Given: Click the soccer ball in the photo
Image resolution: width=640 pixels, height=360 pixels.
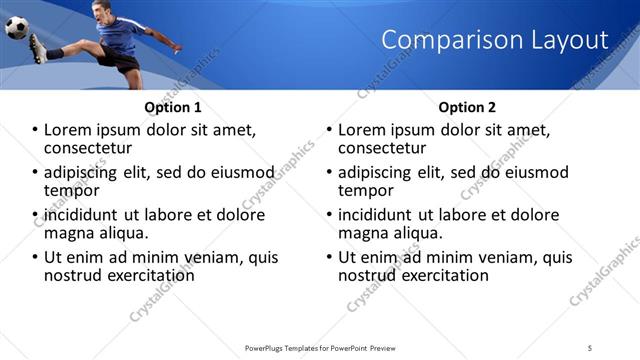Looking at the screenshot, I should pyautogui.click(x=17, y=27).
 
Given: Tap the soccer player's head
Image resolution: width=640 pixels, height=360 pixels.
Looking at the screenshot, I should pyautogui.click(x=98, y=11).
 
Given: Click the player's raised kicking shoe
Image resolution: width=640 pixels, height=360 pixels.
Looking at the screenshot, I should pyautogui.click(x=36, y=47).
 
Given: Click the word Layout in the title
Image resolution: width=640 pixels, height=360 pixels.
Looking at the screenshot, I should pyautogui.click(x=570, y=40).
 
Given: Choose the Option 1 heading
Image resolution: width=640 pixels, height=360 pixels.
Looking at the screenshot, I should pyautogui.click(x=173, y=107).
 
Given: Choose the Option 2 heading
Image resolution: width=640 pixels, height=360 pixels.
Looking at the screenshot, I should pyautogui.click(x=467, y=107).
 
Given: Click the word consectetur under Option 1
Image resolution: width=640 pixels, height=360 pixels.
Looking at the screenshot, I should pyautogui.click(x=88, y=148).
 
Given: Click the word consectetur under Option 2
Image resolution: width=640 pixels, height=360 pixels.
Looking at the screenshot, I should pyautogui.click(x=382, y=148).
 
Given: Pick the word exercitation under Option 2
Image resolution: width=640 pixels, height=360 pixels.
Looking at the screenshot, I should pyautogui.click(x=441, y=275).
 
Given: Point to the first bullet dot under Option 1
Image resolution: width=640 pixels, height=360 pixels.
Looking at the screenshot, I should pyautogui.click(x=35, y=130).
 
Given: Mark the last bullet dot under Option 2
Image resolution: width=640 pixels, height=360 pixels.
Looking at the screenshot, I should pyautogui.click(x=329, y=257).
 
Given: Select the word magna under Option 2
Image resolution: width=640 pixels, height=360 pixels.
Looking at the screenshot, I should pyautogui.click(x=364, y=233).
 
